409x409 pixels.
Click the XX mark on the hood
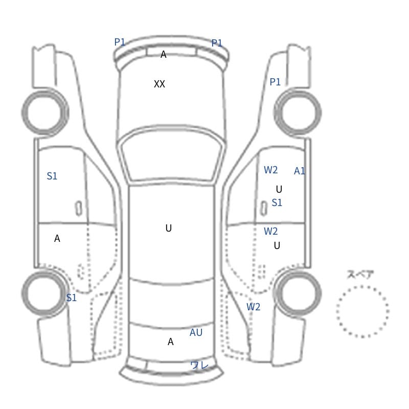tap(160, 84)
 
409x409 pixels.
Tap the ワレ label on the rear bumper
tap(199, 365)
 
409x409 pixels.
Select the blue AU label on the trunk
tap(196, 332)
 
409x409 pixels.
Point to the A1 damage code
tap(300, 171)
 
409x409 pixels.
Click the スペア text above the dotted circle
tap(356, 275)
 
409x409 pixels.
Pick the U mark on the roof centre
tap(169, 228)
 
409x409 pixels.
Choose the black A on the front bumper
tap(163, 54)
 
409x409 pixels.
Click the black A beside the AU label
tap(170, 342)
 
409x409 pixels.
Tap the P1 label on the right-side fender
tap(275, 82)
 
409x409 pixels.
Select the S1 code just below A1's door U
tap(277, 202)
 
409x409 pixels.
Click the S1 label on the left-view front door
tap(52, 176)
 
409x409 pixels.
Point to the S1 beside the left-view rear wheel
tap(71, 298)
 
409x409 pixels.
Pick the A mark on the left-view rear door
tap(57, 238)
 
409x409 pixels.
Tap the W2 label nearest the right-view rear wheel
tap(253, 307)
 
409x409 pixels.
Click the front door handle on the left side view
tap(79, 209)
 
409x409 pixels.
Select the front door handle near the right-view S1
tap(264, 209)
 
